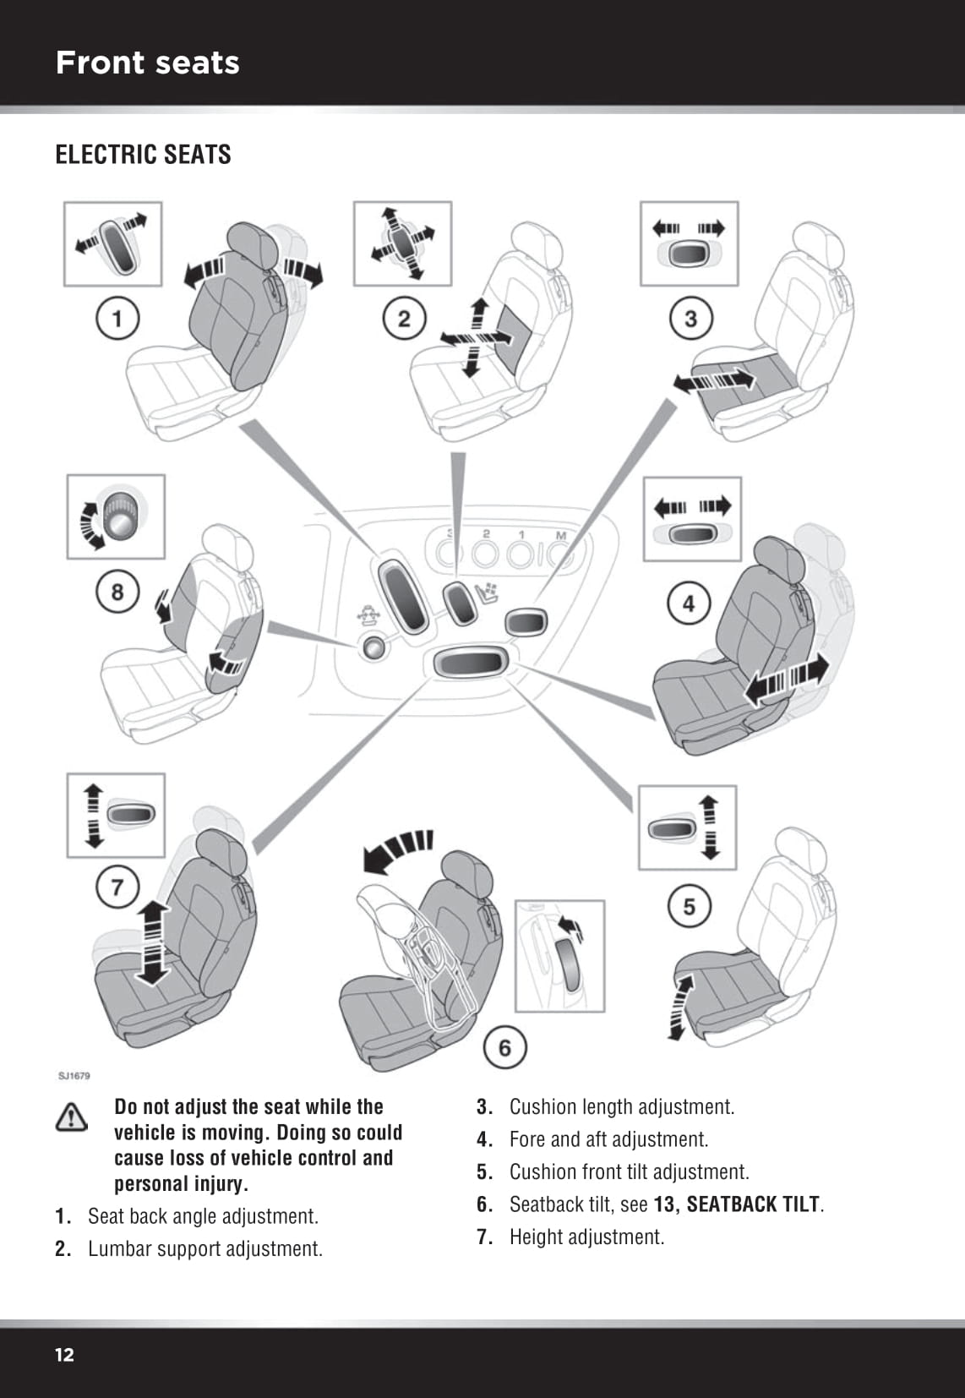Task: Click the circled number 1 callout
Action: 117,319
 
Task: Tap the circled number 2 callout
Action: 404,319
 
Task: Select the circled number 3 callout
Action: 690,319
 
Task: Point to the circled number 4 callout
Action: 689,603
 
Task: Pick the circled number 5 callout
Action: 689,906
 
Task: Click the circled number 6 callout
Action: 504,1047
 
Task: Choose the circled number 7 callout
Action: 117,887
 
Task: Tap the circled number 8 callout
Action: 117,591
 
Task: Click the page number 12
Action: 64,1355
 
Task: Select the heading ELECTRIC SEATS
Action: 143,155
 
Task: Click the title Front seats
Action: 148,63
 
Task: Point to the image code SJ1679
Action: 74,1076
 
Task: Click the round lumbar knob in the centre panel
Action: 373,647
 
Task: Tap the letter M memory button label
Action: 560,535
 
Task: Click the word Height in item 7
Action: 536,1237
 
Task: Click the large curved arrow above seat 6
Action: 395,850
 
